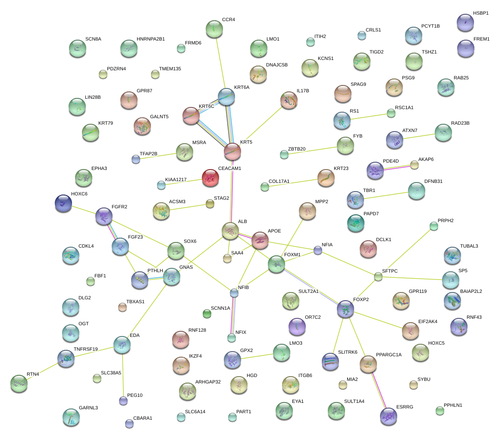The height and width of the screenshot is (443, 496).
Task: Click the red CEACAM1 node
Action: (210, 177)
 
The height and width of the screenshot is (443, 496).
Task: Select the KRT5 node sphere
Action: (232, 151)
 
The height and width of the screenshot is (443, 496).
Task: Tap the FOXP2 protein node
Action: (345, 308)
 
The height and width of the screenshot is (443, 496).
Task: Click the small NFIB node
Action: (234, 293)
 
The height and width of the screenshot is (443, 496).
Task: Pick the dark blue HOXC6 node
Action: (63, 203)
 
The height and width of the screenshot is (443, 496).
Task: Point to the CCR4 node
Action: (214, 28)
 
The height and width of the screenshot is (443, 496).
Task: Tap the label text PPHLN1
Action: (453, 405)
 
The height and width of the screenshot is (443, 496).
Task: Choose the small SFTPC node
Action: (378, 277)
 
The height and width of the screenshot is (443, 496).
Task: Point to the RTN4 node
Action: (19, 382)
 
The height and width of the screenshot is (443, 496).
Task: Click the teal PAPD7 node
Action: (355, 222)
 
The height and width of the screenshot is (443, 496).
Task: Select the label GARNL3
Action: (88, 408)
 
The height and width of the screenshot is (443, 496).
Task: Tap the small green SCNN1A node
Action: (207, 314)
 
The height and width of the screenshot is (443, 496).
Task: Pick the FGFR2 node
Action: (104, 215)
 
